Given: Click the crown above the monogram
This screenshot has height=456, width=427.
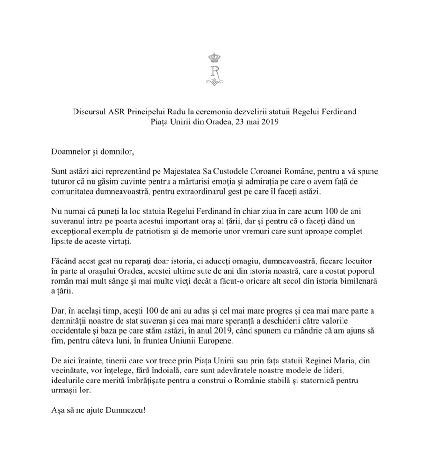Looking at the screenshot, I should [x=215, y=58].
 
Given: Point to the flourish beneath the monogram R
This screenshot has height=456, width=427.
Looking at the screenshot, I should [x=215, y=83].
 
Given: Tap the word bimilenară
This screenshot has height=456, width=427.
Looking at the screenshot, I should [x=351, y=281].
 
